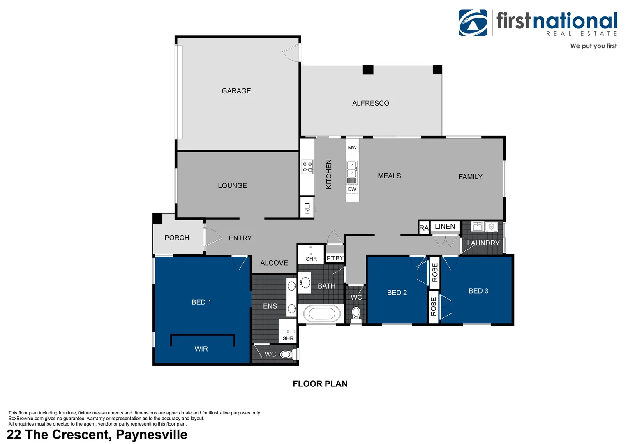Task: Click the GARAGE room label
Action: tap(236, 91)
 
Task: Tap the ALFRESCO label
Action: tap(370, 103)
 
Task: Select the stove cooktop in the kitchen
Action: tap(307, 167)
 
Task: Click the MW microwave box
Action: tap(352, 147)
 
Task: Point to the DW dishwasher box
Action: tap(352, 190)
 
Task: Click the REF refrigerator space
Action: tap(307, 207)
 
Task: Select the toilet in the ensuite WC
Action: tap(286, 354)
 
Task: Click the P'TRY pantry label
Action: tap(335, 258)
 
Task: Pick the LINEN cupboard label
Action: tap(445, 227)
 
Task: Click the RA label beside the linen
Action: tap(424, 228)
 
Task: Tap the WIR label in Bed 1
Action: tap(201, 349)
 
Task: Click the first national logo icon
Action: tap(473, 23)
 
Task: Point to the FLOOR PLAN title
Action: tap(320, 384)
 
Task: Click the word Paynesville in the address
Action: tap(151, 435)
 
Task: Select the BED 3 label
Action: tap(478, 291)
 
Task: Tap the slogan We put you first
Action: tap(593, 46)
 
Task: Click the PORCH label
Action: tap(177, 238)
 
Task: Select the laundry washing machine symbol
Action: tap(491, 227)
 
